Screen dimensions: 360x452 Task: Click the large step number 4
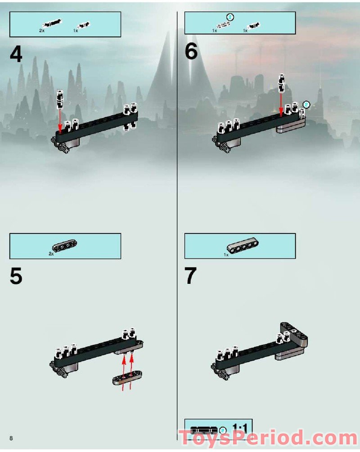(x=16, y=54)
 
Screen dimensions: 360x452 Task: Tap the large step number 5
(x=16, y=276)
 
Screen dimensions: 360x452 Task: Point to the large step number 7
(x=191, y=276)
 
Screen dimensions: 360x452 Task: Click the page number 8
(x=11, y=438)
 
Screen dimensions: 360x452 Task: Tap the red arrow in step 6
(x=281, y=105)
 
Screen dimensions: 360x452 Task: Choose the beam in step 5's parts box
(x=65, y=246)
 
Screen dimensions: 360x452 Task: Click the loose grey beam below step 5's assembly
(x=127, y=378)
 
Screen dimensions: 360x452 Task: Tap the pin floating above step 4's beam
(x=60, y=100)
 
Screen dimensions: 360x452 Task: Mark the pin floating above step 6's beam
(x=282, y=84)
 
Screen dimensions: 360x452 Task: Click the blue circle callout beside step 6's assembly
(x=306, y=104)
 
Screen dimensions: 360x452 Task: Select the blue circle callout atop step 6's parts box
(x=230, y=17)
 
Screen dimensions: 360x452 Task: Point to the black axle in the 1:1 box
(x=204, y=430)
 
